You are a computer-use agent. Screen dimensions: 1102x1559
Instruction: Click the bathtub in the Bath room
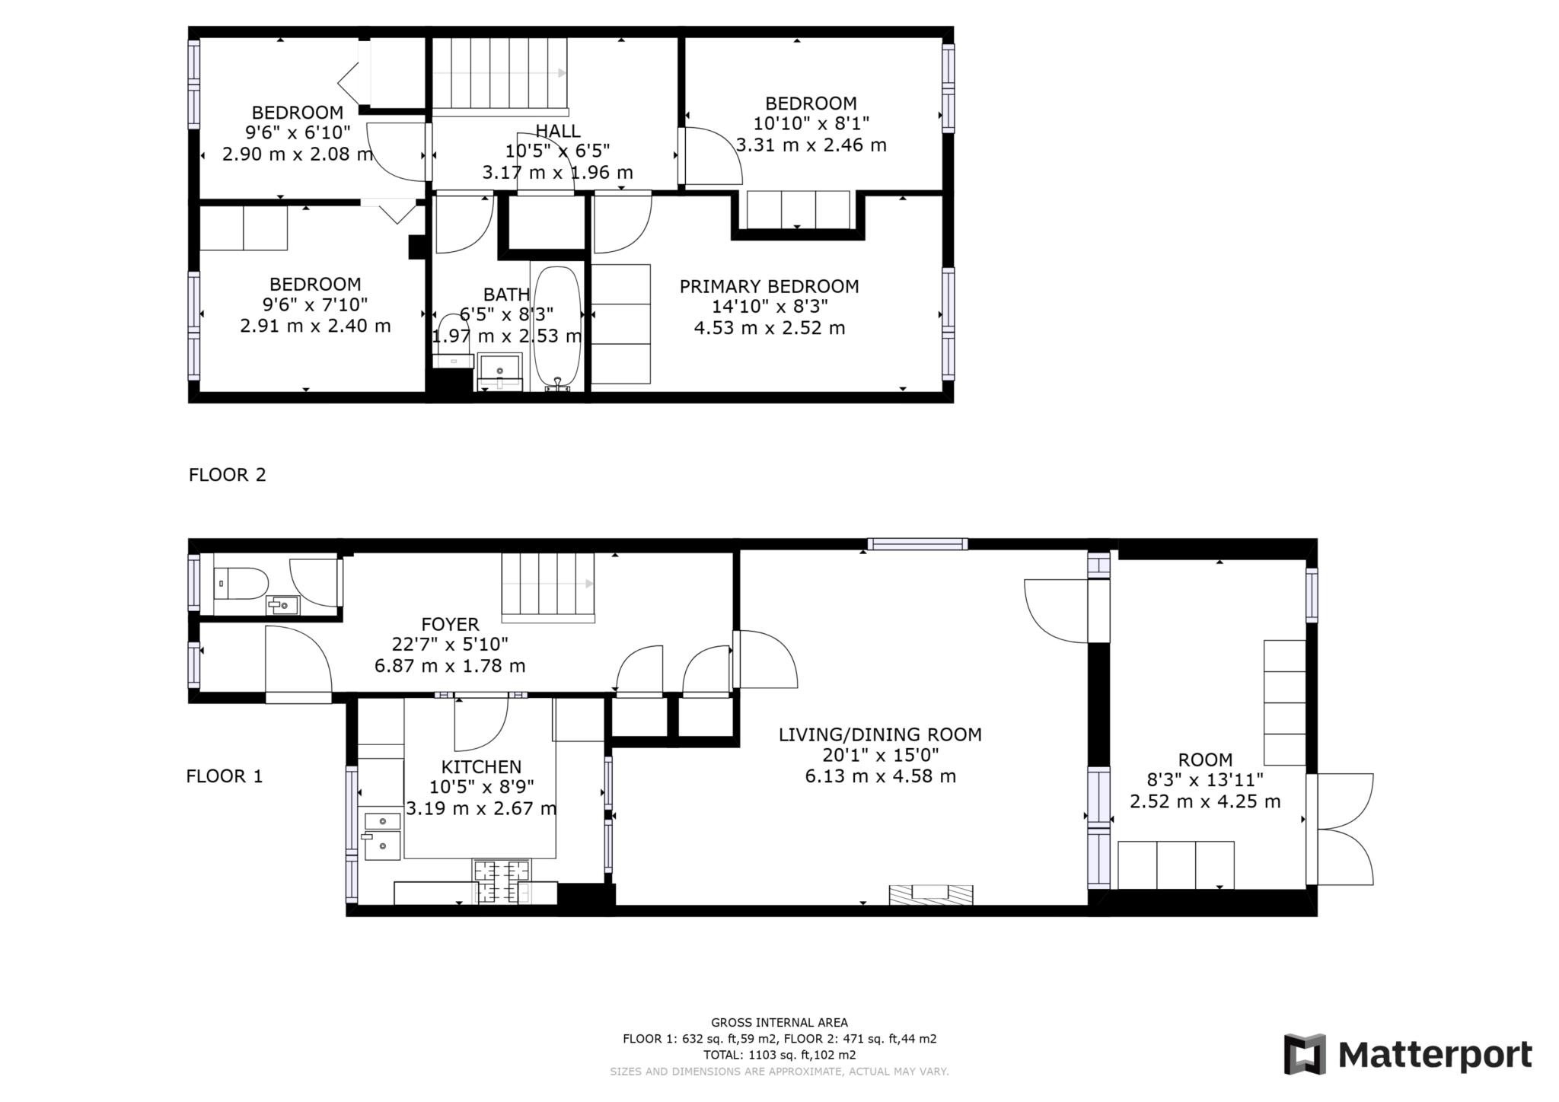coord(557,327)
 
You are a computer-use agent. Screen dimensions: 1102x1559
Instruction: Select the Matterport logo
coord(1408,1055)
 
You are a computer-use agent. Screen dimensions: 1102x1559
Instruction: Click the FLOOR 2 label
coord(228,475)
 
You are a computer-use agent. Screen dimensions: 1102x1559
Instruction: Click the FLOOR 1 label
coord(225,776)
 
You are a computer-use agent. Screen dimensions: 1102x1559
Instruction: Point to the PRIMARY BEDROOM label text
coord(769,287)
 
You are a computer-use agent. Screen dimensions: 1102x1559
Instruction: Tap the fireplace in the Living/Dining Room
coord(931,894)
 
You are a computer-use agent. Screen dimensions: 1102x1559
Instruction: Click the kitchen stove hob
coord(502,881)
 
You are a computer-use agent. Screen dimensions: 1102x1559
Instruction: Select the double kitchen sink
coord(382,835)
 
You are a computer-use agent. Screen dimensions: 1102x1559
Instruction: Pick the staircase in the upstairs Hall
coord(499,74)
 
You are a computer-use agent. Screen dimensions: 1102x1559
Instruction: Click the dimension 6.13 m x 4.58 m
coord(880,776)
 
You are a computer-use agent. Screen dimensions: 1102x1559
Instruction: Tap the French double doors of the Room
coord(1344,830)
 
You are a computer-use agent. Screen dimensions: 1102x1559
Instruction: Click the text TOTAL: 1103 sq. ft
coord(779,1055)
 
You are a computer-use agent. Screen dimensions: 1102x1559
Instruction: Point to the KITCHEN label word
coord(481,767)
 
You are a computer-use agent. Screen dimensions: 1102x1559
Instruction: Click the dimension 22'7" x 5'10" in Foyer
coord(450,645)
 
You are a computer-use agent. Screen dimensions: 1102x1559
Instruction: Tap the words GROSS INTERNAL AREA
coord(779,1023)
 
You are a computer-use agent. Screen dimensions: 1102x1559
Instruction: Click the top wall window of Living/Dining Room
coord(917,544)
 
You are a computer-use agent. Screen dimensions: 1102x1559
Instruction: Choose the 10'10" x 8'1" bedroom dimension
coord(811,123)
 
